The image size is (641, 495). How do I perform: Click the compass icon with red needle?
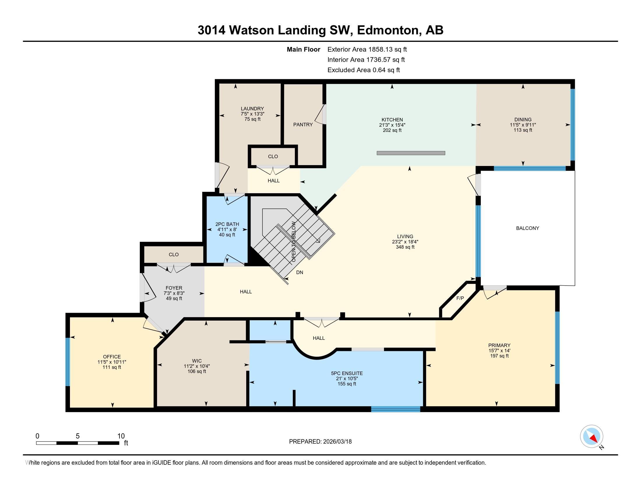pyautogui.click(x=591, y=436)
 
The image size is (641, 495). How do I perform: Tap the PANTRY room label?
pyautogui.click(x=303, y=125)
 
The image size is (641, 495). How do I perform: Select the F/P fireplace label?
pyautogui.click(x=460, y=298)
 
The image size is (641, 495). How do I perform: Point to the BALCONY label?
pyautogui.click(x=527, y=228)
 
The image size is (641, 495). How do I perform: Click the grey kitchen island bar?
pyautogui.click(x=411, y=153)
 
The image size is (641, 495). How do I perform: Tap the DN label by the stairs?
pyautogui.click(x=299, y=273)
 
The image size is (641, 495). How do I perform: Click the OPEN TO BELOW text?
pyautogui.click(x=293, y=242)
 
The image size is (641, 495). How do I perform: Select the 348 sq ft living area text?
pyautogui.click(x=405, y=247)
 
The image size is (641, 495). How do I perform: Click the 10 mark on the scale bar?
pyautogui.click(x=121, y=436)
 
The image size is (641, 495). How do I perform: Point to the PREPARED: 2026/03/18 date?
pyautogui.click(x=320, y=442)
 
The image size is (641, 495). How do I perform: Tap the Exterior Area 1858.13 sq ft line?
pyautogui.click(x=367, y=49)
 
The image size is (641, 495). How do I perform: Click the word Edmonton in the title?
pyautogui.click(x=388, y=30)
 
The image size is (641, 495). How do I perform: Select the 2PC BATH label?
pyautogui.click(x=227, y=224)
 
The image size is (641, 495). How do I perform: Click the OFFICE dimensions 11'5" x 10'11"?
pyautogui.click(x=112, y=362)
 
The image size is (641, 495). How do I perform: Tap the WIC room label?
pyautogui.click(x=197, y=361)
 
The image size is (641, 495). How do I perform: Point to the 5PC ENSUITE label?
pyautogui.click(x=347, y=373)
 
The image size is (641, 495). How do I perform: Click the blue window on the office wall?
pyautogui.click(x=68, y=362)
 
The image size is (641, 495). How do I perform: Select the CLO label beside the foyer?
pyautogui.click(x=174, y=254)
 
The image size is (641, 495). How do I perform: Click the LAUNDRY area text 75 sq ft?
pyautogui.click(x=252, y=119)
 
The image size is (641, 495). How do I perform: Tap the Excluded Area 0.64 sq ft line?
pyautogui.click(x=364, y=70)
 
